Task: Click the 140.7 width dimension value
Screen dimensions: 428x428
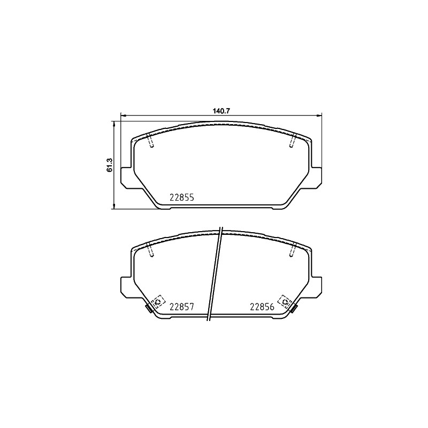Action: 221,111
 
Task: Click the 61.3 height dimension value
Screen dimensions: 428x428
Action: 110,165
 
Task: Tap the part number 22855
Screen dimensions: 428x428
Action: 182,197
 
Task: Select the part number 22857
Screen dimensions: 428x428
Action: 182,307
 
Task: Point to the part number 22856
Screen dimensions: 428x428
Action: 262,307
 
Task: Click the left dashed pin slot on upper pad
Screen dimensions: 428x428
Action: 150,140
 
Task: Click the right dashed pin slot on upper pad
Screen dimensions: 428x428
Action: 292,140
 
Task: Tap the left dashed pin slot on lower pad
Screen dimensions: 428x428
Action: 150,249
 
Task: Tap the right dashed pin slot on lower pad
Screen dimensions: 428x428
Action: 292,249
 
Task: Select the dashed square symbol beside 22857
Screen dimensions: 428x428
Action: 158,302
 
